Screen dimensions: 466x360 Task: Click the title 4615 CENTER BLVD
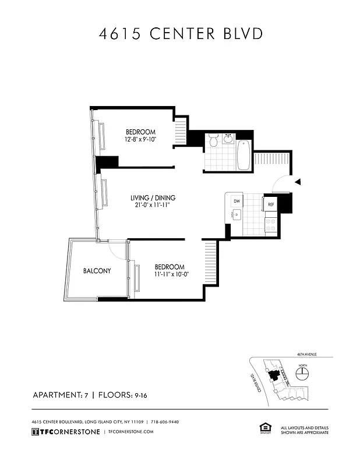180,33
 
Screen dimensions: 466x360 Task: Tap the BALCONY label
96,271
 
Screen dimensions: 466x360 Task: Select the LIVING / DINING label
153,198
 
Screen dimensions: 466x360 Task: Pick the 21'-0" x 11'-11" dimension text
153,206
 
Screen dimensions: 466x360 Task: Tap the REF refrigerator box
271,204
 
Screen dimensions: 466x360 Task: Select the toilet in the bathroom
213,142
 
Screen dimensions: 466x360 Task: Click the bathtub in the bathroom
243,155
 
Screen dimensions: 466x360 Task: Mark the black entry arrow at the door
297,182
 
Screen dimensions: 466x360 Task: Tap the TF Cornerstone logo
65,432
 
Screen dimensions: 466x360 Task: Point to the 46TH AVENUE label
306,354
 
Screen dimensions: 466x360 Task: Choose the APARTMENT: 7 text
59,395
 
